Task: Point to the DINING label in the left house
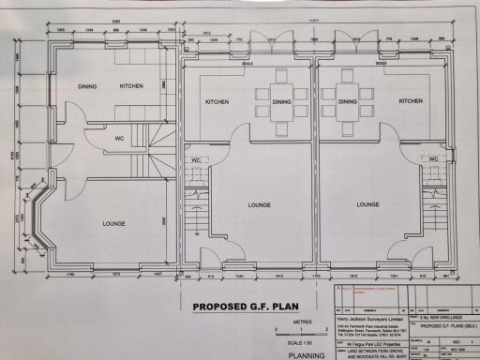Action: (x=87, y=85)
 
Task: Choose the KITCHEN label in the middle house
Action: (x=217, y=101)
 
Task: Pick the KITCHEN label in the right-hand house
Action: (x=411, y=101)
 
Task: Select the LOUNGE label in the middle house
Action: (x=260, y=204)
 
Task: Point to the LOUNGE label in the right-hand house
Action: (x=367, y=204)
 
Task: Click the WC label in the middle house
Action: (x=198, y=160)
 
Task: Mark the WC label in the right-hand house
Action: (x=432, y=160)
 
